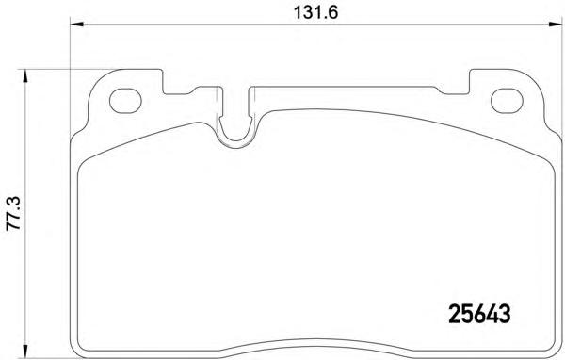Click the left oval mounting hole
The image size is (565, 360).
pos(124,101)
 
